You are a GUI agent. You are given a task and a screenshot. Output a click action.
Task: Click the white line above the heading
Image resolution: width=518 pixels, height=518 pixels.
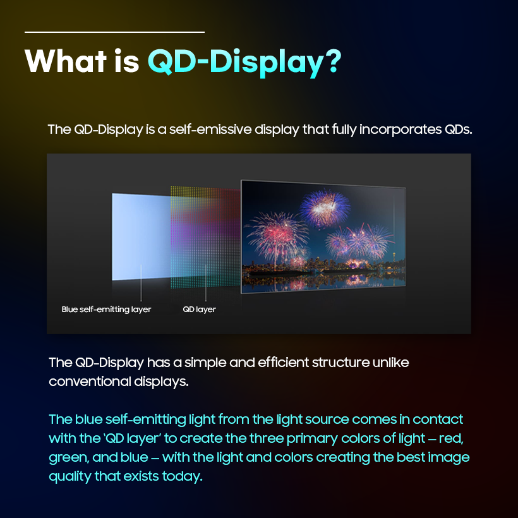click(x=114, y=32)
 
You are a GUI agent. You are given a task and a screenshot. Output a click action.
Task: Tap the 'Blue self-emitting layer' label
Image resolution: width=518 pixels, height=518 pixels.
click(x=106, y=310)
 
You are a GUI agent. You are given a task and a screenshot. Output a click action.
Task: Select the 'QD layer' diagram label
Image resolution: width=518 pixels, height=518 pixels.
click(x=199, y=310)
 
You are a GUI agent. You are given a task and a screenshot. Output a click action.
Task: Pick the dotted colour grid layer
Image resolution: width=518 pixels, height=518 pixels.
click(x=205, y=237)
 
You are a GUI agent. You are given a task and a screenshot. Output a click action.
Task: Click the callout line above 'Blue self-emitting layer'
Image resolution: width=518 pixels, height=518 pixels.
click(x=140, y=284)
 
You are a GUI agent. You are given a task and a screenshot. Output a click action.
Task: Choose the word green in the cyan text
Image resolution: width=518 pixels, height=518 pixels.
click(x=68, y=457)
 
